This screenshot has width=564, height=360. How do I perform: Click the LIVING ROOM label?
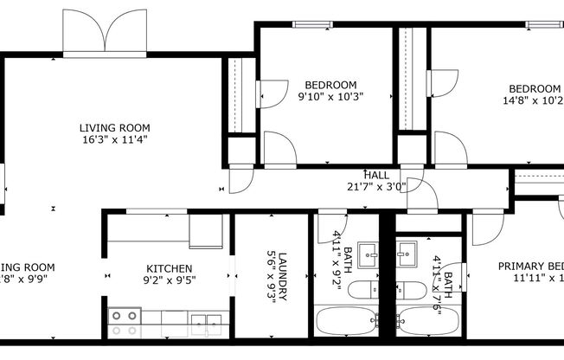click(108, 128)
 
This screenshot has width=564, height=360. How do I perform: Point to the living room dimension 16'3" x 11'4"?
click(108, 139)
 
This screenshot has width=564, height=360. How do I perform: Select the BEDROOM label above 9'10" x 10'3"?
click(328, 85)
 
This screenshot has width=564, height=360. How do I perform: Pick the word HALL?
click(376, 175)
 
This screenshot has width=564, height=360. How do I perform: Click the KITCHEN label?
click(169, 268)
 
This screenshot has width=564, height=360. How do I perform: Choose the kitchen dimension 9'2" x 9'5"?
click(169, 280)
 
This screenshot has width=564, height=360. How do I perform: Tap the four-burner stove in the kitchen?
click(124, 322)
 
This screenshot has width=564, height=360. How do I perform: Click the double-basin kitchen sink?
click(204, 322)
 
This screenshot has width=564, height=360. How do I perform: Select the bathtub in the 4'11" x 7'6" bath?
click(427, 322)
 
